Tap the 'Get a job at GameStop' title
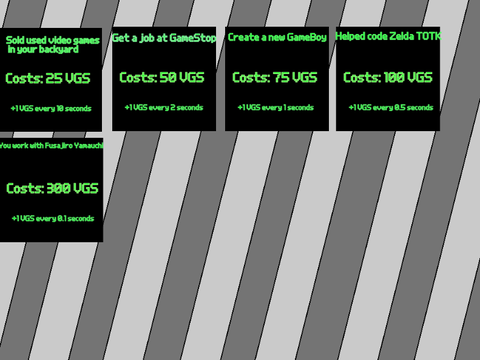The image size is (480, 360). coord(164,38)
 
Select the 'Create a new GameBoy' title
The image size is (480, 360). coord(277,37)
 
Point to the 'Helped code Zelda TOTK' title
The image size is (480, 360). coord(388,36)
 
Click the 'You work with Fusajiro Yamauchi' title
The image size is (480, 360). coord(51,145)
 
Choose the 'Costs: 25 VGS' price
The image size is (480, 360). coord(48,78)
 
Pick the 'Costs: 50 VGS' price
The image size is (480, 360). coord(162,77)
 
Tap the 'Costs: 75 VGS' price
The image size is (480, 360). coord(275,77)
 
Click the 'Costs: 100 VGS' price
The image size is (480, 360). coord(388,77)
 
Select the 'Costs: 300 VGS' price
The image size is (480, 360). coord(52,188)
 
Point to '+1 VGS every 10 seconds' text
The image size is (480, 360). coord(51,108)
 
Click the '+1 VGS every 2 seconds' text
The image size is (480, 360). coord(164,107)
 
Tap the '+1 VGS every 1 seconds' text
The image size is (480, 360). coord(276,107)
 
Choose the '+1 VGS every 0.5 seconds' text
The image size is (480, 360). coord(391,107)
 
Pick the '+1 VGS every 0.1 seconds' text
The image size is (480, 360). coord(53,218)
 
